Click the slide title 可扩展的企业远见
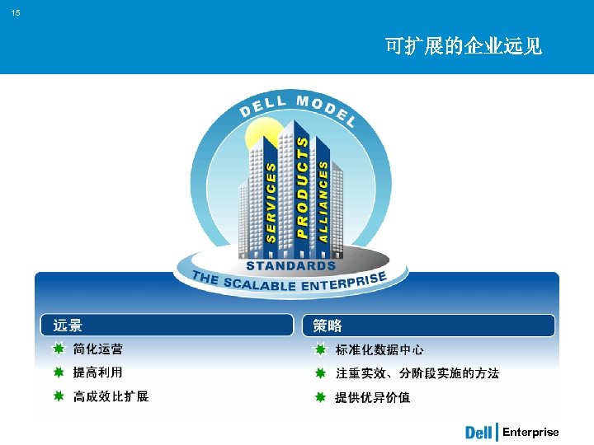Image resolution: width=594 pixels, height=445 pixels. (x=463, y=46)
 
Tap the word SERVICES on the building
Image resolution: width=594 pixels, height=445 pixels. (x=271, y=200)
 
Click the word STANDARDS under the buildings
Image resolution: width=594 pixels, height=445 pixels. (x=291, y=265)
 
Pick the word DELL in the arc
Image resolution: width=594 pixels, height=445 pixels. (x=262, y=106)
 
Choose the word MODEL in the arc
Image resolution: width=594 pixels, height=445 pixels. (x=326, y=109)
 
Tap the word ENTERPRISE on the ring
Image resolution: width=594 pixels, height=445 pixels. (x=346, y=283)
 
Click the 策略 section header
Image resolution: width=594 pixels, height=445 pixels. (x=327, y=326)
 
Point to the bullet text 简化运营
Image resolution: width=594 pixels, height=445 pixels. (x=98, y=349)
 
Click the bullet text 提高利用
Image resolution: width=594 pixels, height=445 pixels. (x=98, y=372)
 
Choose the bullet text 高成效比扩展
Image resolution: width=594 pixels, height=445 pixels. (x=111, y=396)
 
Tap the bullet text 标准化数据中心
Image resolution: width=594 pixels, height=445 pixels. (x=379, y=349)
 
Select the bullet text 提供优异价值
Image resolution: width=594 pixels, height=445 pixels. (x=372, y=397)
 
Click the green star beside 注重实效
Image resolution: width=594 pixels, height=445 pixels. (x=320, y=373)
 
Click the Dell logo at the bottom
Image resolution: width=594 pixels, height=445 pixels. (x=479, y=433)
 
